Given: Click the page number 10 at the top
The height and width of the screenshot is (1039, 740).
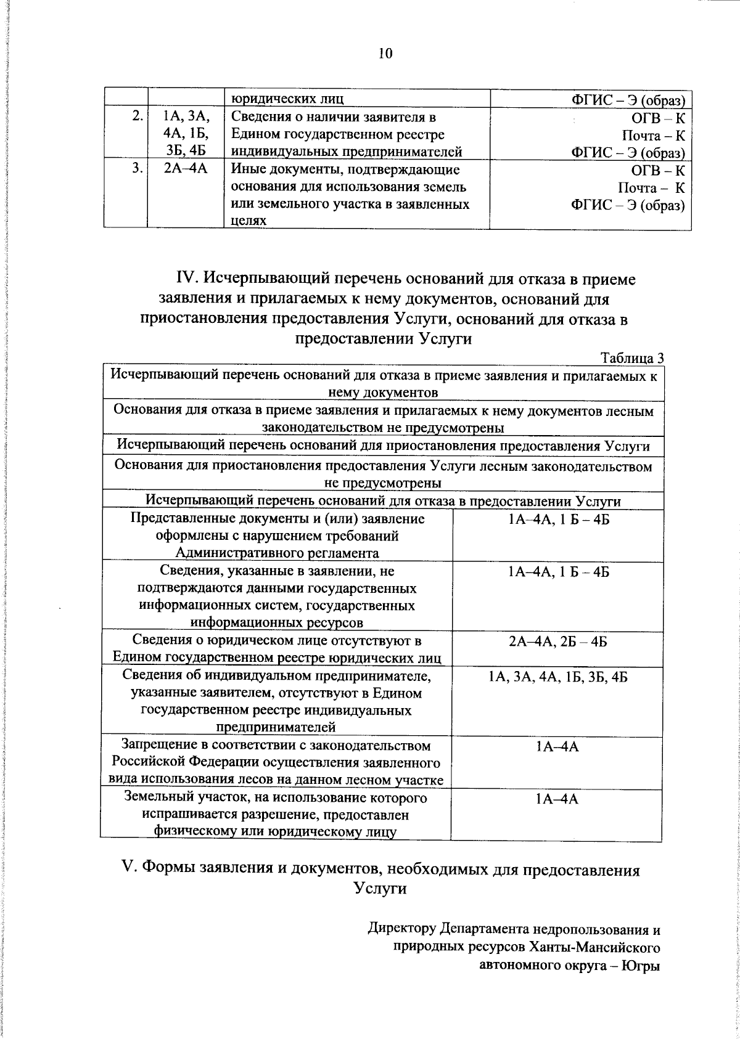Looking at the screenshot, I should tap(385, 53).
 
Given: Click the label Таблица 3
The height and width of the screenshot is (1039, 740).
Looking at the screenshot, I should tap(631, 358).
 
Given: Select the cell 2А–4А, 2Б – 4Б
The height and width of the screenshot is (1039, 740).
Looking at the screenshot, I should tap(557, 642).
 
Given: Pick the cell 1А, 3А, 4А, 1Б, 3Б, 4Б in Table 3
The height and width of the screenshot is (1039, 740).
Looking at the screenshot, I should tap(557, 677).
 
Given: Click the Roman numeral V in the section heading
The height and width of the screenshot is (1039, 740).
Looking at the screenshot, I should tap(128, 870).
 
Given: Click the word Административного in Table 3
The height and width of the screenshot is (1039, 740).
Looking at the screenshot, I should tap(231, 553).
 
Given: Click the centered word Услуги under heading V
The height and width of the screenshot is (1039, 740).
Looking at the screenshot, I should tap(380, 888).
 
